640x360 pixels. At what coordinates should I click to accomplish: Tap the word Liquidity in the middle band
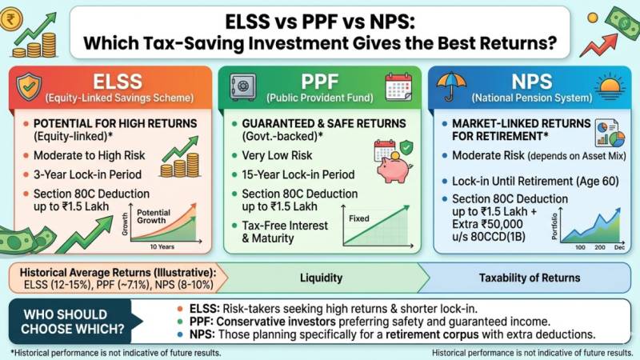point(320,278)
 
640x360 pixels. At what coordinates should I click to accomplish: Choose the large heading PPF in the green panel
point(319,82)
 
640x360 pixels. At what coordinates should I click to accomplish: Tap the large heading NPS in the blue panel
point(524,82)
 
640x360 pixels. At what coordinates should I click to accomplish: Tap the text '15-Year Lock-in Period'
point(294,173)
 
